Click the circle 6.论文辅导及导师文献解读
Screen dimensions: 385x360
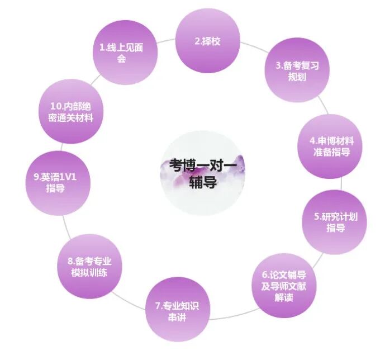284,285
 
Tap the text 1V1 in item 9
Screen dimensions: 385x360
70,177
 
